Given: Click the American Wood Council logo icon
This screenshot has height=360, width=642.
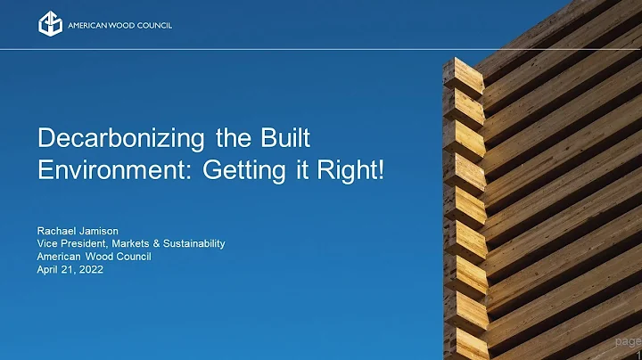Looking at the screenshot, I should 49,24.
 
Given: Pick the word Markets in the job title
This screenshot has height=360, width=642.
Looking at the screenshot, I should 136,243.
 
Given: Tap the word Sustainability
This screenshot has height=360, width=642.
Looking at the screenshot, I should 194,243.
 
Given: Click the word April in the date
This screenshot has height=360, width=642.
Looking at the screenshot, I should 48,269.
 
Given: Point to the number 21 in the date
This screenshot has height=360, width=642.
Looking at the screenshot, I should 69,269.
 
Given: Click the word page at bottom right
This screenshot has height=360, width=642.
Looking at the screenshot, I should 628,341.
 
